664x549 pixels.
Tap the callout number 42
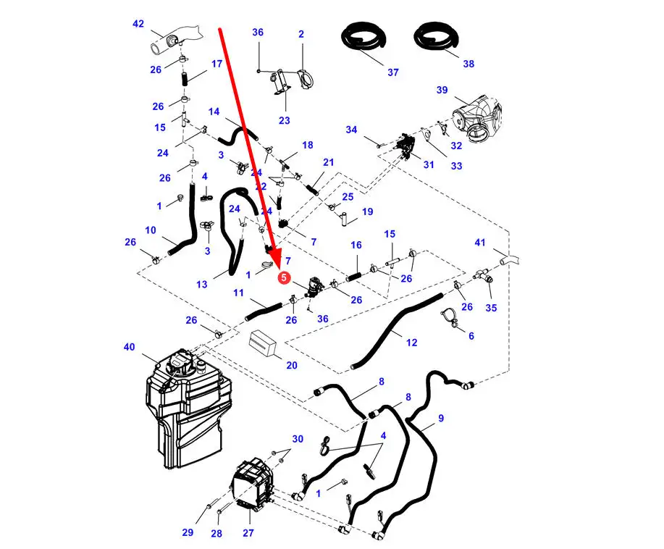click(x=138, y=24)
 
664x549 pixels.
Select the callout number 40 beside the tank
click(x=129, y=348)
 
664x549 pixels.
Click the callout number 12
click(x=411, y=343)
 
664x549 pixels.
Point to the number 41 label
click(x=480, y=242)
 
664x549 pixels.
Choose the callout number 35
click(x=492, y=307)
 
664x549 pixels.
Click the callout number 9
click(x=441, y=418)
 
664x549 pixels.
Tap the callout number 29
click(x=188, y=533)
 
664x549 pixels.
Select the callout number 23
click(x=284, y=120)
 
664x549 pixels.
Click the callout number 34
click(x=351, y=130)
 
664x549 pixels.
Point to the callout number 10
click(x=151, y=230)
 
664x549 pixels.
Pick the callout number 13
click(x=202, y=284)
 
